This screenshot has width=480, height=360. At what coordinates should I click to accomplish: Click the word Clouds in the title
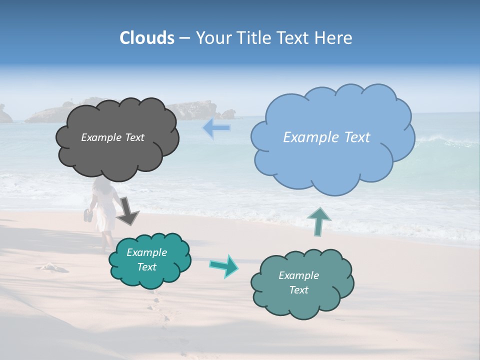147,38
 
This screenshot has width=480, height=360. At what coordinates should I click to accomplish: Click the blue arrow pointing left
216,128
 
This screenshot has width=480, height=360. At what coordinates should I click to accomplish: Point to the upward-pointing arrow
318,221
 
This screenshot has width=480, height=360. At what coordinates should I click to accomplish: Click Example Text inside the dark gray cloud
112,137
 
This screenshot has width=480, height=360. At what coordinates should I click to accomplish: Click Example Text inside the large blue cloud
326,137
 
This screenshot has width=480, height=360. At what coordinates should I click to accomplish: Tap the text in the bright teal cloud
147,259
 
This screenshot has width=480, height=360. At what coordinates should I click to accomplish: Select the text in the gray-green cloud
298,282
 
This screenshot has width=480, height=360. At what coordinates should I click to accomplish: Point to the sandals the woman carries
88,215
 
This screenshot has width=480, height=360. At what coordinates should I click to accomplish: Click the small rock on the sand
53,267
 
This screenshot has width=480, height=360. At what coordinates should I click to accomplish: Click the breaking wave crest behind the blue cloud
440,140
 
